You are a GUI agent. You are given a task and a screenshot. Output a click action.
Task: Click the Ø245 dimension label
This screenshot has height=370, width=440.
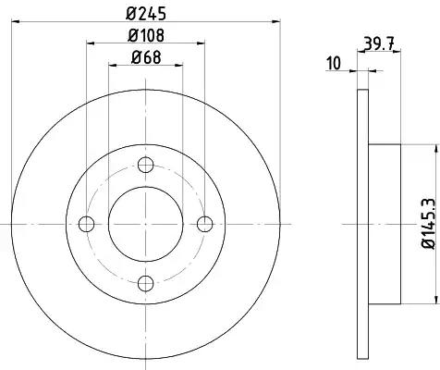point(146,14)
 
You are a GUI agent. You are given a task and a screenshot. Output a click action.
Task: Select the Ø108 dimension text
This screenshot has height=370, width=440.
point(146,35)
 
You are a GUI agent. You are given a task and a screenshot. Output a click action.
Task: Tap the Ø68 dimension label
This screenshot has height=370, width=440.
point(146,57)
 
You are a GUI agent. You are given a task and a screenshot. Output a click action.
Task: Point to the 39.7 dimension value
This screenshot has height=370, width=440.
point(379,43)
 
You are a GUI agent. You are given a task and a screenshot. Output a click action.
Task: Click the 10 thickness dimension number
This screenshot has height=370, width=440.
point(334,63)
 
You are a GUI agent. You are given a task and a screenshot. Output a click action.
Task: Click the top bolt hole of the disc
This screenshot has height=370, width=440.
point(145,165)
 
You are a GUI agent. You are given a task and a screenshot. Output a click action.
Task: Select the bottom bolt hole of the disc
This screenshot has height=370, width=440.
point(145,283)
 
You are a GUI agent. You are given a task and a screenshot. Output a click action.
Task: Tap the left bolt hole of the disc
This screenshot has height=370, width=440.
point(86,224)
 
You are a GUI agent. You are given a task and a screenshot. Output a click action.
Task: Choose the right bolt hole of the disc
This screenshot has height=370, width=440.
point(204,224)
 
